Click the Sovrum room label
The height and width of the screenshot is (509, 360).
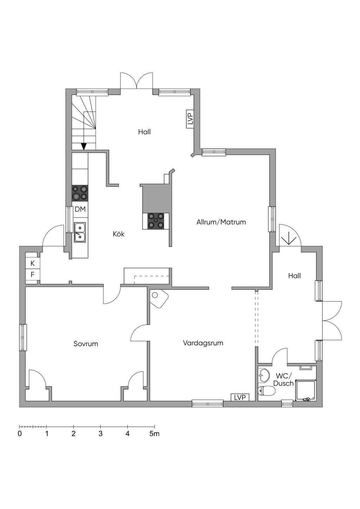coord(85,344)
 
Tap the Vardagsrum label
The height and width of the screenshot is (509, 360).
coord(203,343)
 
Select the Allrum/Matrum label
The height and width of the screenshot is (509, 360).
coord(221,222)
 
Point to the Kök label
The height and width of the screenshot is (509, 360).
coord(119,234)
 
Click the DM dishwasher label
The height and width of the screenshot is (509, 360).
coord(80,209)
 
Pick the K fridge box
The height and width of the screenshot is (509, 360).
coord(33,263)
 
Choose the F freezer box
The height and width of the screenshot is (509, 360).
coord(33,274)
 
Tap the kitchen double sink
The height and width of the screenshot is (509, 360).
coord(79,232)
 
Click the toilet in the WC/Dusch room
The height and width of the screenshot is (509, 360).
coord(267,391)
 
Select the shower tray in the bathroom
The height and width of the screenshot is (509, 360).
coord(306,390)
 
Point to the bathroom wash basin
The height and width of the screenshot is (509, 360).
coord(264,374)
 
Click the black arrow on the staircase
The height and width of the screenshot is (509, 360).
coord(84,146)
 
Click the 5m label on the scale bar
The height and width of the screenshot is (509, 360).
coord(154,434)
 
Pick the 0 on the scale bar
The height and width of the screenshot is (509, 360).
coord(20,434)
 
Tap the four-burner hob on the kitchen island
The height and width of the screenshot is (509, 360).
coord(156,221)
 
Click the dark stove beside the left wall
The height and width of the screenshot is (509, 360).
coord(80,193)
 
